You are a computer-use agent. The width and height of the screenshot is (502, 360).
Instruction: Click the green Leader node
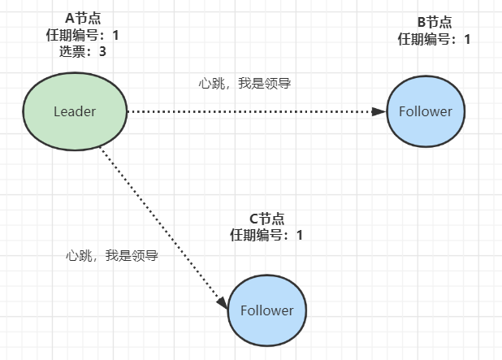[75, 111]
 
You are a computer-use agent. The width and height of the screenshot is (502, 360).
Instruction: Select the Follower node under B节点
[426, 111]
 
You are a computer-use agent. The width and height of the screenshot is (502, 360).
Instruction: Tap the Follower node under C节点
[267, 310]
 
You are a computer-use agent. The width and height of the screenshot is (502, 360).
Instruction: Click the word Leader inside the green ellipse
[75, 111]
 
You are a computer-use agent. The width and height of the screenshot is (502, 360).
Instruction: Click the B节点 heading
[433, 22]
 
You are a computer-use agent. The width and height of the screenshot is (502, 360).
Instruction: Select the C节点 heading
[266, 219]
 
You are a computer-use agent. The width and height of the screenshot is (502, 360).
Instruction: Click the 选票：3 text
[82, 50]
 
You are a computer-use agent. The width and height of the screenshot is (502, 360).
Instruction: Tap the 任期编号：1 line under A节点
[82, 34]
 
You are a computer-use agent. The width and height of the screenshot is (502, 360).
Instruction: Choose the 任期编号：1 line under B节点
[434, 38]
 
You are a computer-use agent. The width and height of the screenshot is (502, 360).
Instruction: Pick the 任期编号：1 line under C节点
[266, 235]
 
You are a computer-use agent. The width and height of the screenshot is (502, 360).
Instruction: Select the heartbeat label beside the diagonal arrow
[110, 255]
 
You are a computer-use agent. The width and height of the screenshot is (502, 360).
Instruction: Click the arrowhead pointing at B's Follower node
[379, 111]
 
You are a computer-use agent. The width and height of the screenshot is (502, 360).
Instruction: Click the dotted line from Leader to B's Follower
[252, 111]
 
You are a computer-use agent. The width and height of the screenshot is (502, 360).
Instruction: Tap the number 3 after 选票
[102, 50]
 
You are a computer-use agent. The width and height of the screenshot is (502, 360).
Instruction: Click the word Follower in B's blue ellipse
[426, 111]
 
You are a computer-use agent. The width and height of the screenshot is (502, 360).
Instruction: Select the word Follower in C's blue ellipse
[267, 310]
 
